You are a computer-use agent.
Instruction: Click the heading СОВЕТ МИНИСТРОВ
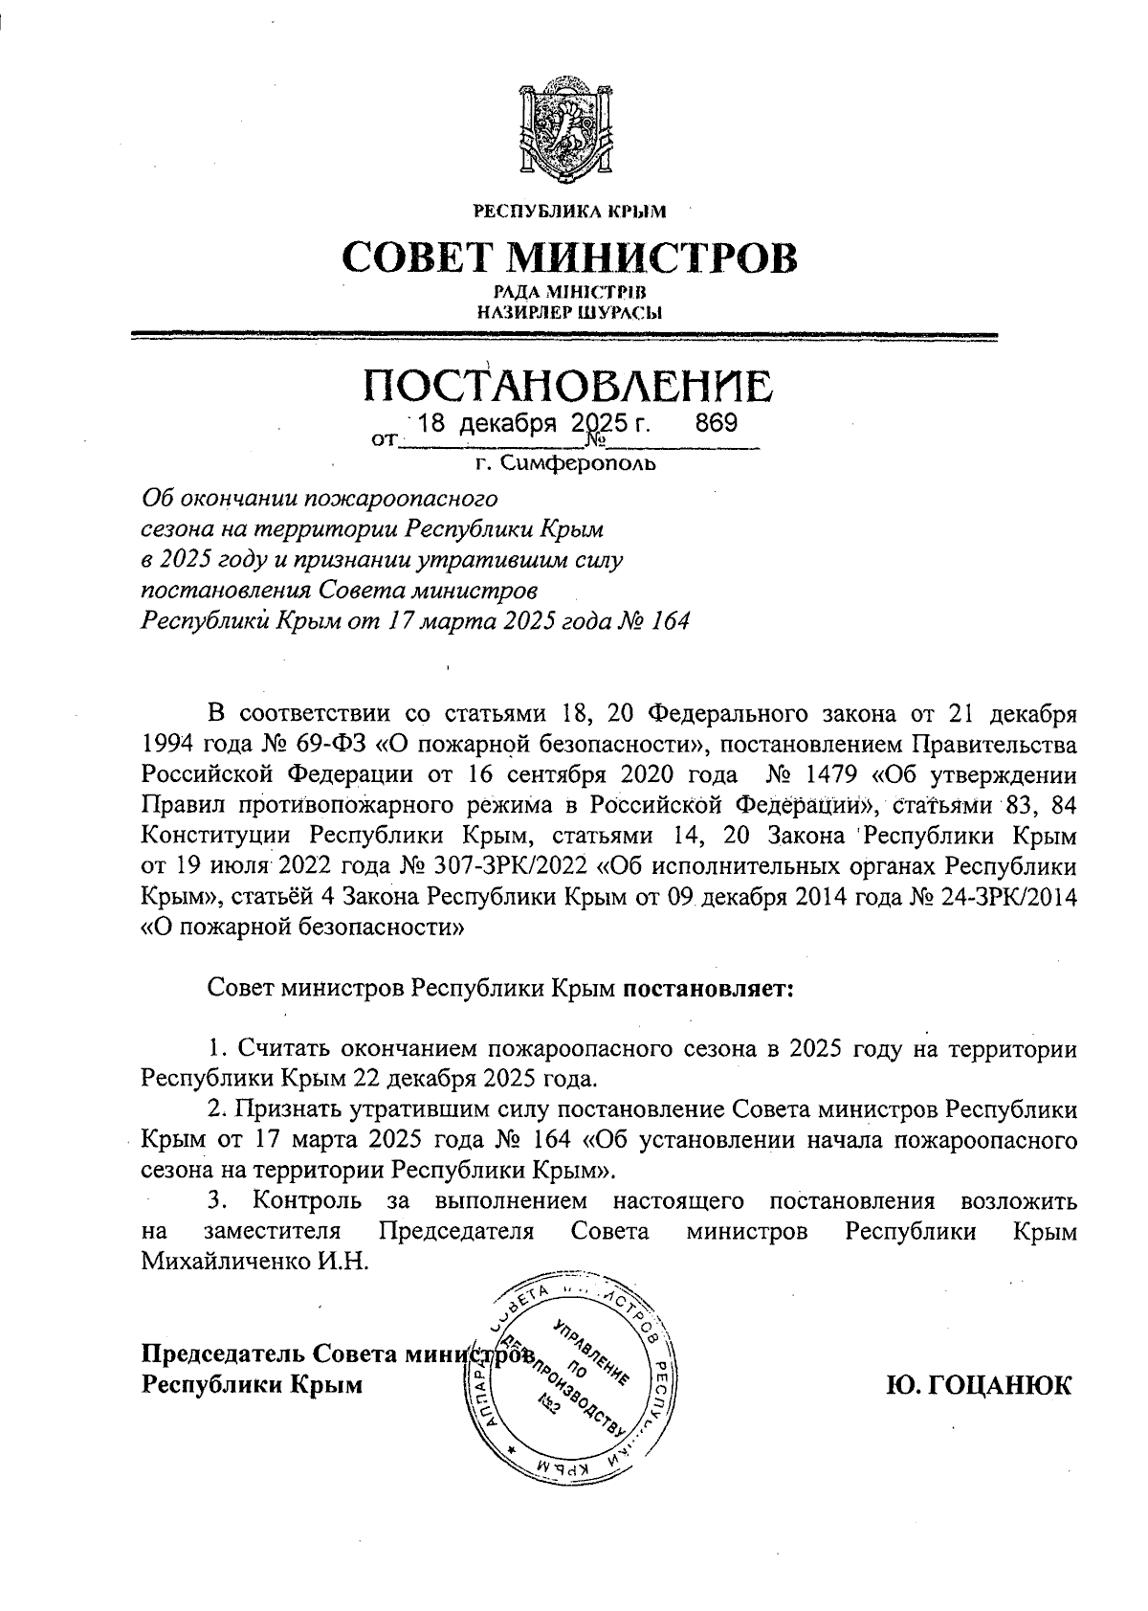coord(569,257)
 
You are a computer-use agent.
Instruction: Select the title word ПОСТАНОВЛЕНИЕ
coord(569,386)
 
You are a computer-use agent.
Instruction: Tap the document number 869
coord(716,423)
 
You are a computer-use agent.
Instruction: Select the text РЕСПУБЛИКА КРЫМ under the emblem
coord(570,210)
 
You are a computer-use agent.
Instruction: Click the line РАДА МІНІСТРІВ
coord(570,291)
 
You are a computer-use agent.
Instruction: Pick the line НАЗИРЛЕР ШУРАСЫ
coord(570,310)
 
